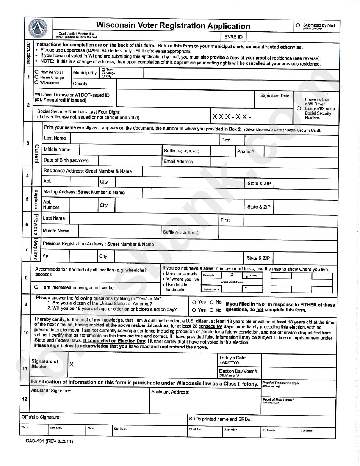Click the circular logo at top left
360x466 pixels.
coord(38,28)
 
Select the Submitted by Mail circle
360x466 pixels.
coord(298,25)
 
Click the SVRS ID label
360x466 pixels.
coord(233,37)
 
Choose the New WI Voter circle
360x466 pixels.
coord(36,72)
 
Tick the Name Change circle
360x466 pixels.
coord(36,77)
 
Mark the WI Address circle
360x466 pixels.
coord(36,82)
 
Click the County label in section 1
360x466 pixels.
coord(80,83)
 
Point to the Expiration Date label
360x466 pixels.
coord(274,96)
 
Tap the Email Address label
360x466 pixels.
coord(178,161)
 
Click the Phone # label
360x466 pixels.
coord(245,151)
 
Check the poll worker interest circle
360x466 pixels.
coord(36,287)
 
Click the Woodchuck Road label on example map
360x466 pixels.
coord(232,282)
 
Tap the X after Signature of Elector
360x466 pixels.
coord(71,364)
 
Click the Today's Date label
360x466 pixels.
coord(232,358)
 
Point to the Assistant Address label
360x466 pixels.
coord(170,392)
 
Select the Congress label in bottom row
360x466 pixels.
coord(306,430)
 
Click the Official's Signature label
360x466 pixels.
coord(41,417)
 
